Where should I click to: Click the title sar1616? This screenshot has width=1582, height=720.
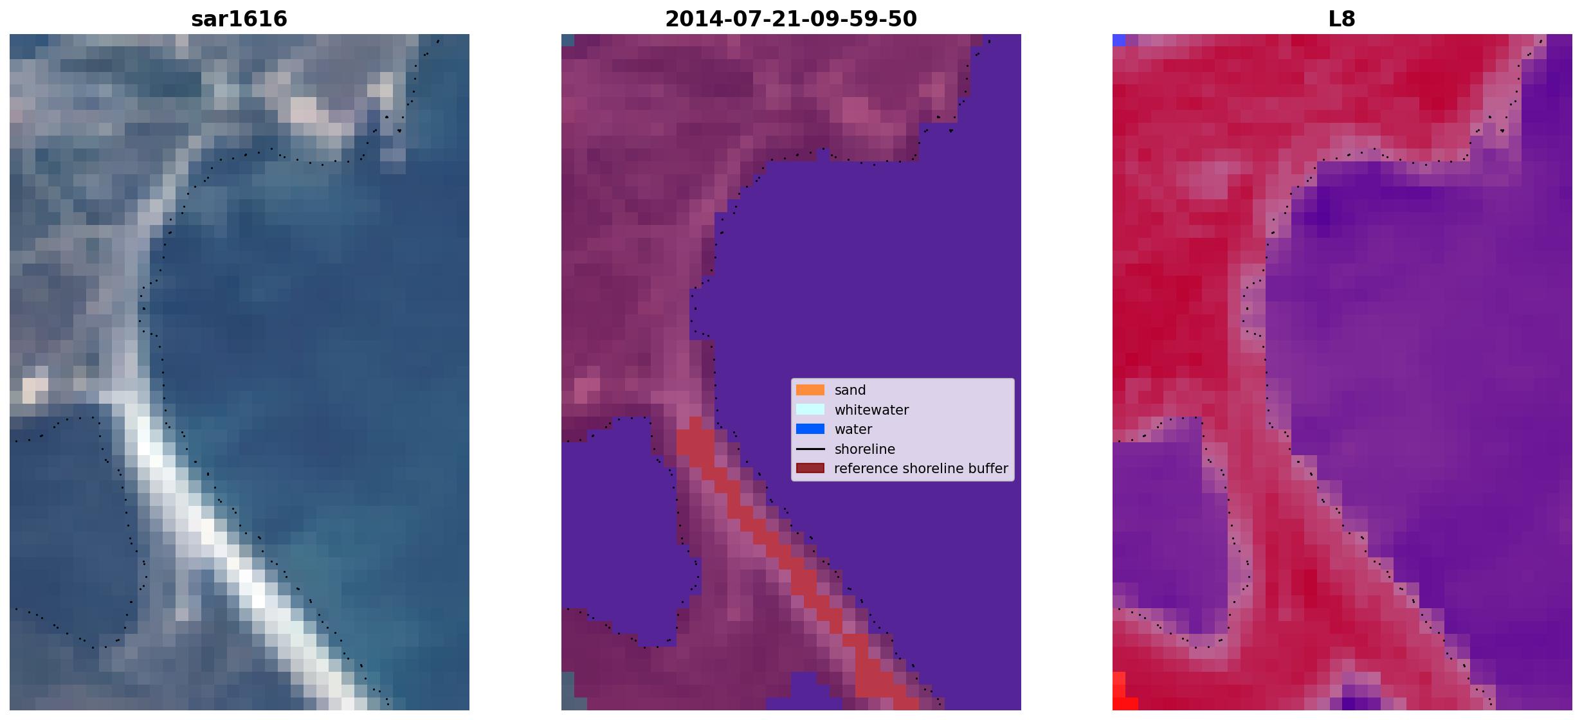point(239,19)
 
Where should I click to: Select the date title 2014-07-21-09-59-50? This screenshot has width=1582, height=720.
point(791,19)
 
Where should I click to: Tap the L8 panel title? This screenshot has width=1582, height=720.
point(1342,19)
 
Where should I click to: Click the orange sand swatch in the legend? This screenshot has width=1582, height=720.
point(810,390)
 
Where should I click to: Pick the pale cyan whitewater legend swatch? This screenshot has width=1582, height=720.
point(810,410)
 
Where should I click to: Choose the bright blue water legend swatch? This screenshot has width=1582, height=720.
point(810,429)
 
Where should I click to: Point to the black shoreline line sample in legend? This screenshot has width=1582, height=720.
point(810,449)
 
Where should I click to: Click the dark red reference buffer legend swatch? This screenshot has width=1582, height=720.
point(810,468)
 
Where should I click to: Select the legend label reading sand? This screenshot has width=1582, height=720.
point(850,390)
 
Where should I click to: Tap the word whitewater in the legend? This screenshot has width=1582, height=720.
point(871,410)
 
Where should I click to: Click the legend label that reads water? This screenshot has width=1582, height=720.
point(853,429)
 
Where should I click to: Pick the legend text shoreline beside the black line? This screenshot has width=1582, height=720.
point(865,449)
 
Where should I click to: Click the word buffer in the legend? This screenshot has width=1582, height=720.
point(988,469)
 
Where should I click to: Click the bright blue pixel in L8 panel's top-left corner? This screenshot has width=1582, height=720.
point(1119,40)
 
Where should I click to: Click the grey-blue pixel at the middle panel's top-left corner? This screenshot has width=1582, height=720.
point(568,40)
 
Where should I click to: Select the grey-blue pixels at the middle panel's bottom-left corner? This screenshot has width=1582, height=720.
point(568,691)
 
